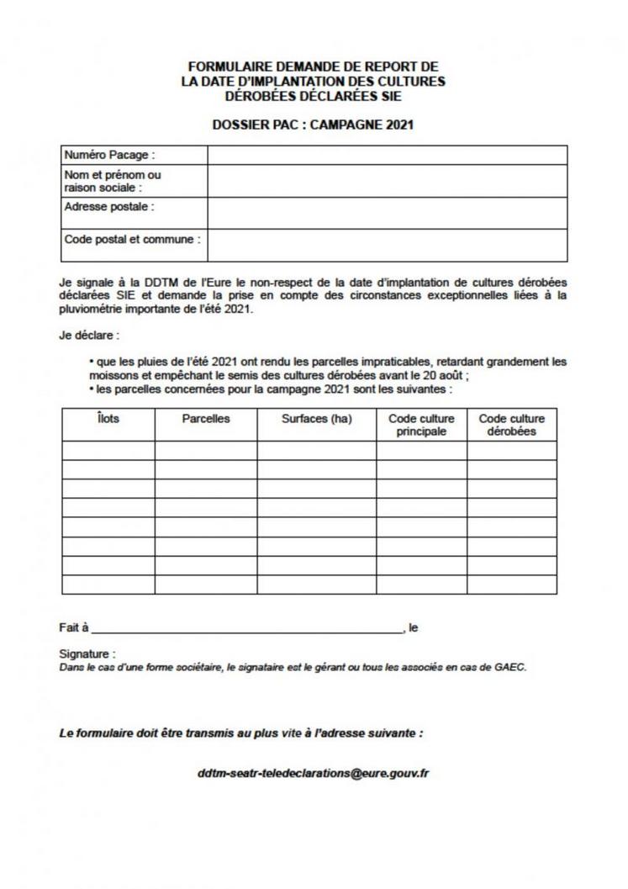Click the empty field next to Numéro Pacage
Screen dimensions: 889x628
[387, 156]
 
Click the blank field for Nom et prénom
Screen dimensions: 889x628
[387, 181]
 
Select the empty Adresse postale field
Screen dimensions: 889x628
[387, 213]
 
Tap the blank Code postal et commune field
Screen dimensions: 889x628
[387, 245]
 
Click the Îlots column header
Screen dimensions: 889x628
[108, 419]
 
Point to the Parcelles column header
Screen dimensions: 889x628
[206, 419]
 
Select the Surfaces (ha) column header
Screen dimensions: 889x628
[316, 419]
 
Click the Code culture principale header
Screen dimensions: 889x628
[421, 425]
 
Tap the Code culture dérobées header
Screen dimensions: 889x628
[511, 425]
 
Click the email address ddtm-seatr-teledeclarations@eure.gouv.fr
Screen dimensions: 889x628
[313, 773]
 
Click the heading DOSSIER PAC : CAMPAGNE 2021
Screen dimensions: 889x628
[314, 125]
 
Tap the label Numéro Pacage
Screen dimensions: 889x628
[110, 156]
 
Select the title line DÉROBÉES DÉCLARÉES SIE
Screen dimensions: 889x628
[313, 96]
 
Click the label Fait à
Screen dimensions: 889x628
[73, 627]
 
